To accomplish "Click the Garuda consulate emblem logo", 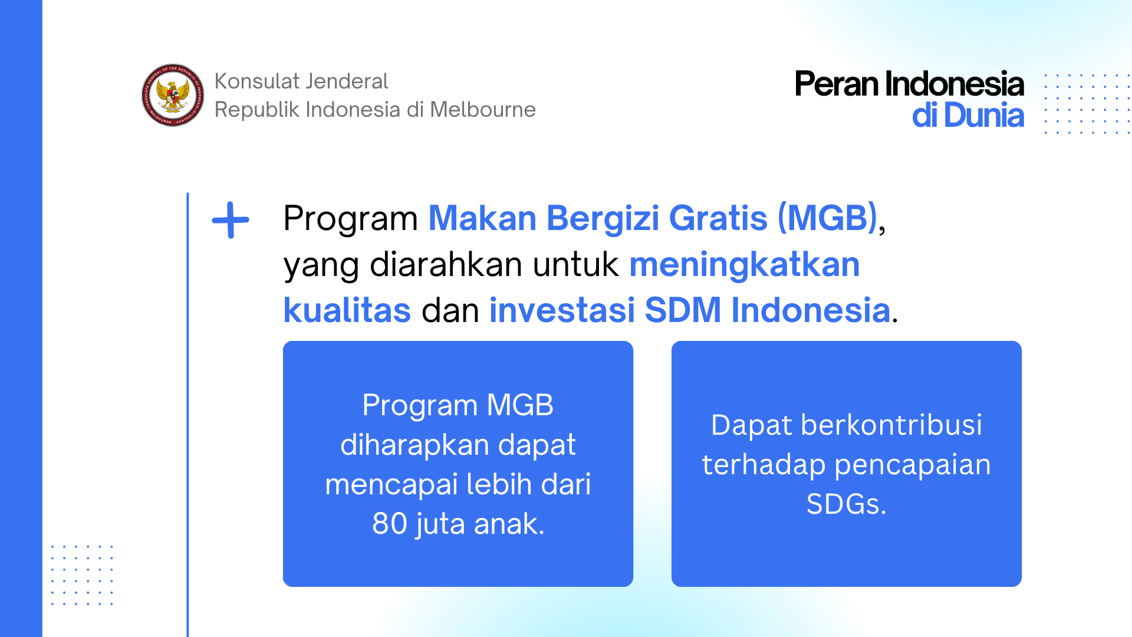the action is point(173,95).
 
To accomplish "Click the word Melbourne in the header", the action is point(483,110).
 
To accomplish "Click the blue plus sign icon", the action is point(231,220).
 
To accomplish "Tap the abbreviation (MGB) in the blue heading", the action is point(828,218).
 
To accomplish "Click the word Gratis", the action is point(718,218).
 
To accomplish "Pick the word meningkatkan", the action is point(745,265).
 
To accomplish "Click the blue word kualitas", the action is point(347,310).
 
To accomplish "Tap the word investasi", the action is point(561,310).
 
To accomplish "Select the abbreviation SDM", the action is point(683,310).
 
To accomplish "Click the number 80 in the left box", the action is point(390,524).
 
